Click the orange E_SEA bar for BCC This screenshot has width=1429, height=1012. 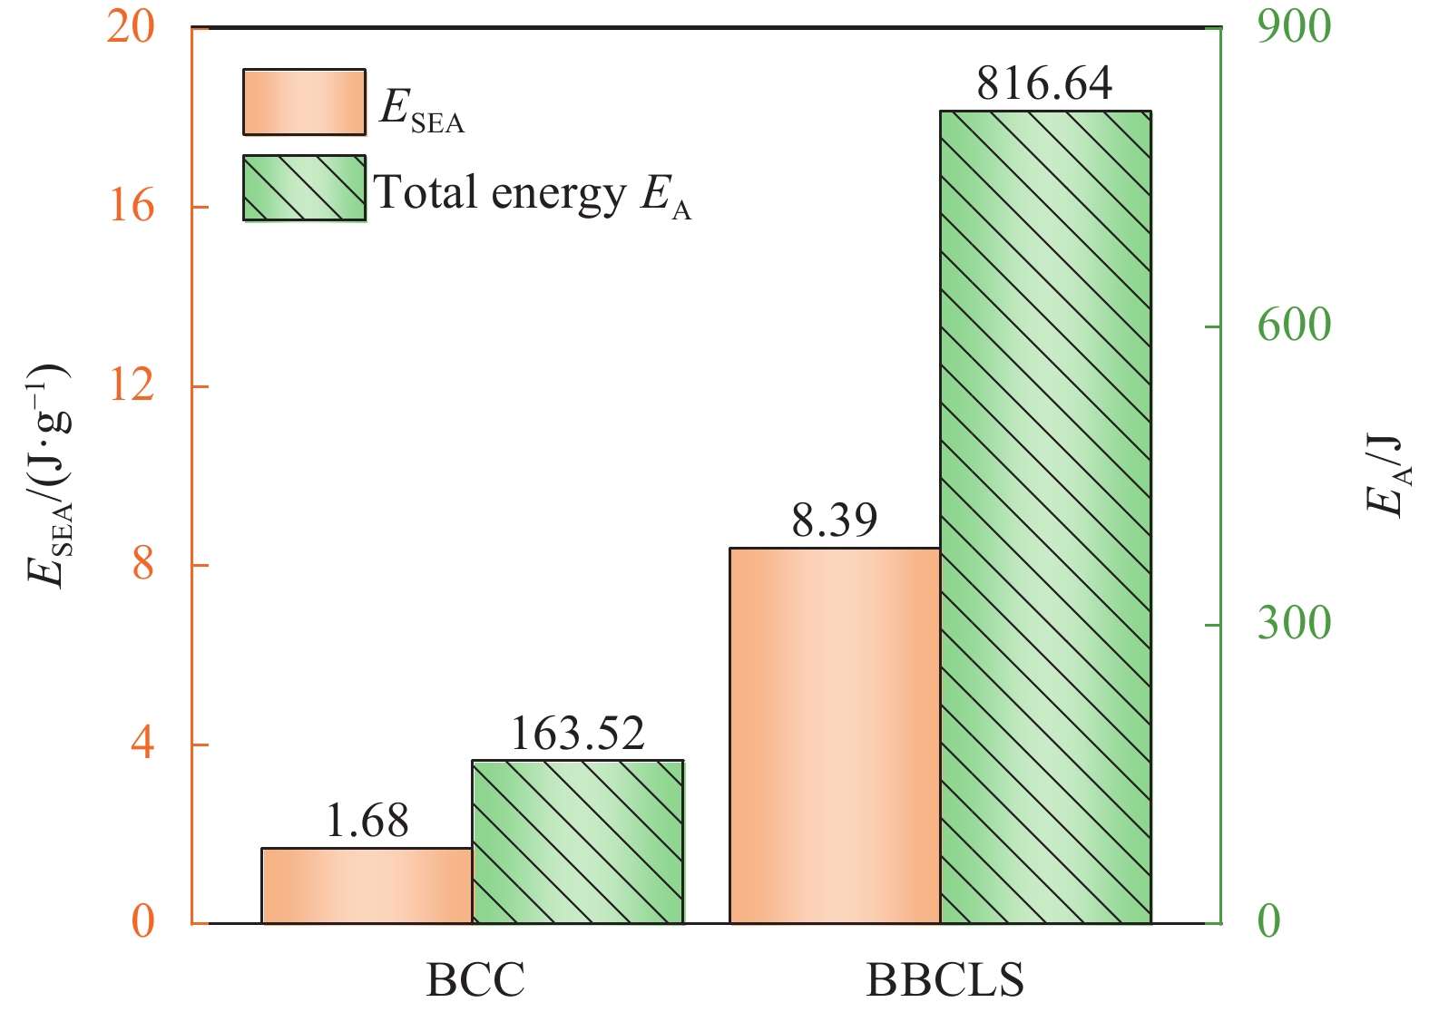(367, 886)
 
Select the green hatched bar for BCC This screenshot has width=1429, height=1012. (577, 842)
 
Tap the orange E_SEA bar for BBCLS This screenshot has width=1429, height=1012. (834, 735)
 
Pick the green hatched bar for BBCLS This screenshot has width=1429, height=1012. (1045, 517)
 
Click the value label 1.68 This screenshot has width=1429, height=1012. (367, 821)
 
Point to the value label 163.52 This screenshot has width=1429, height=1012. (577, 733)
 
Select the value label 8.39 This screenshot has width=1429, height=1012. (834, 521)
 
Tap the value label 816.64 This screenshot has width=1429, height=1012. (1044, 83)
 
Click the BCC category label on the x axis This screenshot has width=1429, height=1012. (475, 980)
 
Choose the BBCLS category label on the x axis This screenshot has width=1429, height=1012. (945, 980)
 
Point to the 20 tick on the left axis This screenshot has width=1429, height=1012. (131, 27)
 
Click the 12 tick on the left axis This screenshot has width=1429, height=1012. (131, 385)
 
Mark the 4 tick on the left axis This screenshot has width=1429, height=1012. (142, 744)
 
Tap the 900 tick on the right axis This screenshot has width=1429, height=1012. (1294, 27)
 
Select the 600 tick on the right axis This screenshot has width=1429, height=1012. (1294, 326)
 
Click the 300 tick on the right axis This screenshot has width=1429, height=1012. (1294, 624)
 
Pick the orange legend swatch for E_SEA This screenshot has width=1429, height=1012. (304, 102)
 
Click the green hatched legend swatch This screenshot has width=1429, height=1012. (304, 189)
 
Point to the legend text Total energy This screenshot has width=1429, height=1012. (499, 192)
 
